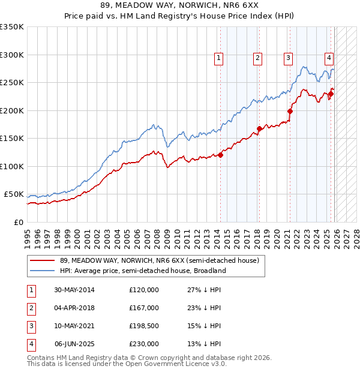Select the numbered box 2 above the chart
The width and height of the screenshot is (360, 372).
point(257,58)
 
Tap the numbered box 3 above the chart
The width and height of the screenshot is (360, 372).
point(288,58)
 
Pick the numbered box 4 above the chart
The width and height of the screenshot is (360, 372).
point(329,58)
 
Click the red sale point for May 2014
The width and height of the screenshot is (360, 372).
point(220,155)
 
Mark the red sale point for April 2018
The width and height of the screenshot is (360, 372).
point(259,128)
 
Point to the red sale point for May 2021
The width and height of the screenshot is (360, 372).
point(290,111)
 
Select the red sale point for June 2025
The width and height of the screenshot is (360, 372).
point(331,94)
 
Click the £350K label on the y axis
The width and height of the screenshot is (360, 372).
point(12,27)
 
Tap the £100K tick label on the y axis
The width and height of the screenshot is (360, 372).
point(12,166)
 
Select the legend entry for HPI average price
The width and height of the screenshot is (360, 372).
point(142,271)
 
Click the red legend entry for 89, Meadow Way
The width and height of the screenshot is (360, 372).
point(158,260)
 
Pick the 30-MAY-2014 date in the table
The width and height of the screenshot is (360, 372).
point(74,290)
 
